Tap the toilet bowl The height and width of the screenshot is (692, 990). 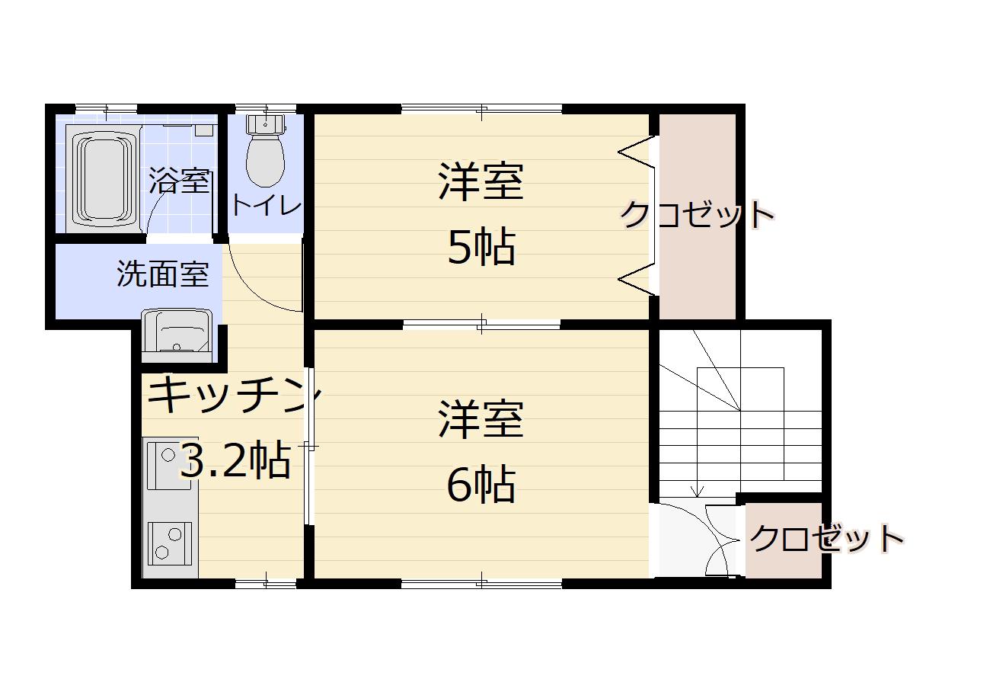tap(265, 161)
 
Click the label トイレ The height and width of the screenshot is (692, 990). tap(267, 206)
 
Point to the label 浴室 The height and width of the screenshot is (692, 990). tap(178, 181)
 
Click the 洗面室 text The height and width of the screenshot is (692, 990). tap(163, 274)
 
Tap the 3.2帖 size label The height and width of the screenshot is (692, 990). tap(235, 461)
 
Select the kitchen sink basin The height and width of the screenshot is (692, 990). tap(169, 465)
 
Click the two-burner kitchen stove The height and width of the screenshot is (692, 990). tap(170, 543)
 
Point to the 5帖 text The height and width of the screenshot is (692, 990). tap(481, 247)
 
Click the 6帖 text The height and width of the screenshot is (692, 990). tap(481, 484)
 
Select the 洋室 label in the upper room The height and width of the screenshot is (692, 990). tap(481, 181)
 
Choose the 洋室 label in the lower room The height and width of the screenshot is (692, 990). tap(481, 419)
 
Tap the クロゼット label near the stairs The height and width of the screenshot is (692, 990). tap(826, 539)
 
